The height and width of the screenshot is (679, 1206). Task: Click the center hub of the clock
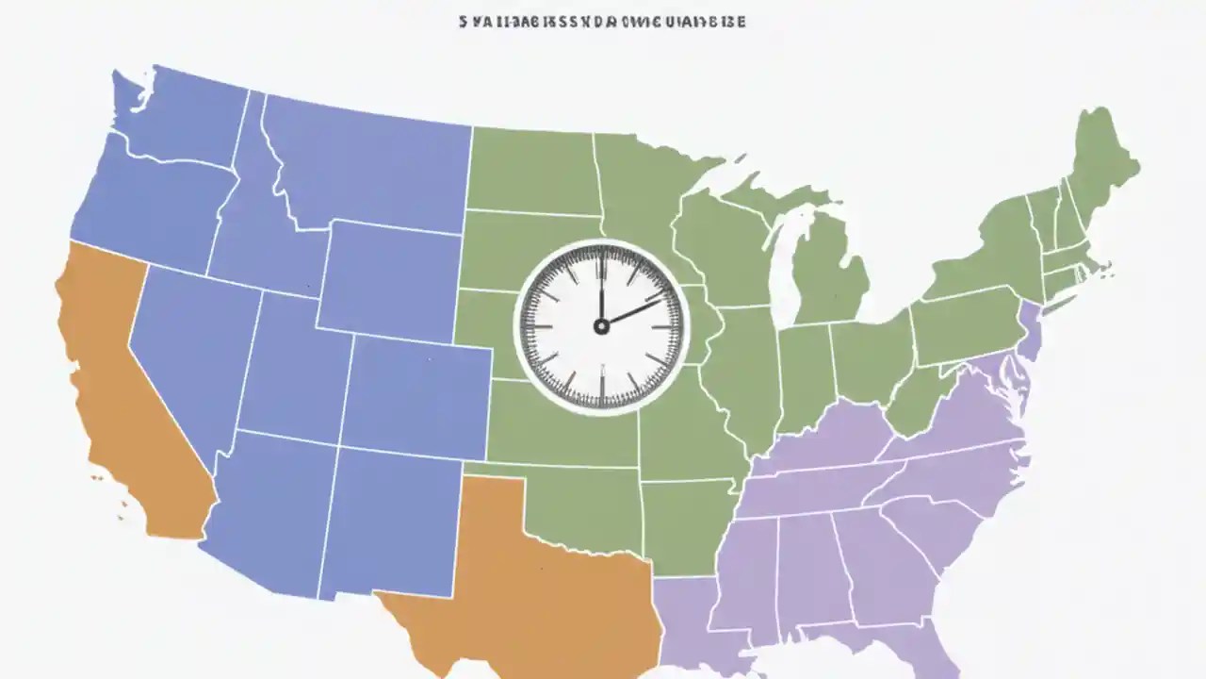pyautogui.click(x=601, y=326)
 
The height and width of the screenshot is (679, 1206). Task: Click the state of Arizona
pyautogui.click(x=264, y=509)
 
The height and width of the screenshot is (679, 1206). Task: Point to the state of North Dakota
pyautogui.click(x=532, y=170)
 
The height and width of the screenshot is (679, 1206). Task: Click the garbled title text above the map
pyautogui.click(x=602, y=21)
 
